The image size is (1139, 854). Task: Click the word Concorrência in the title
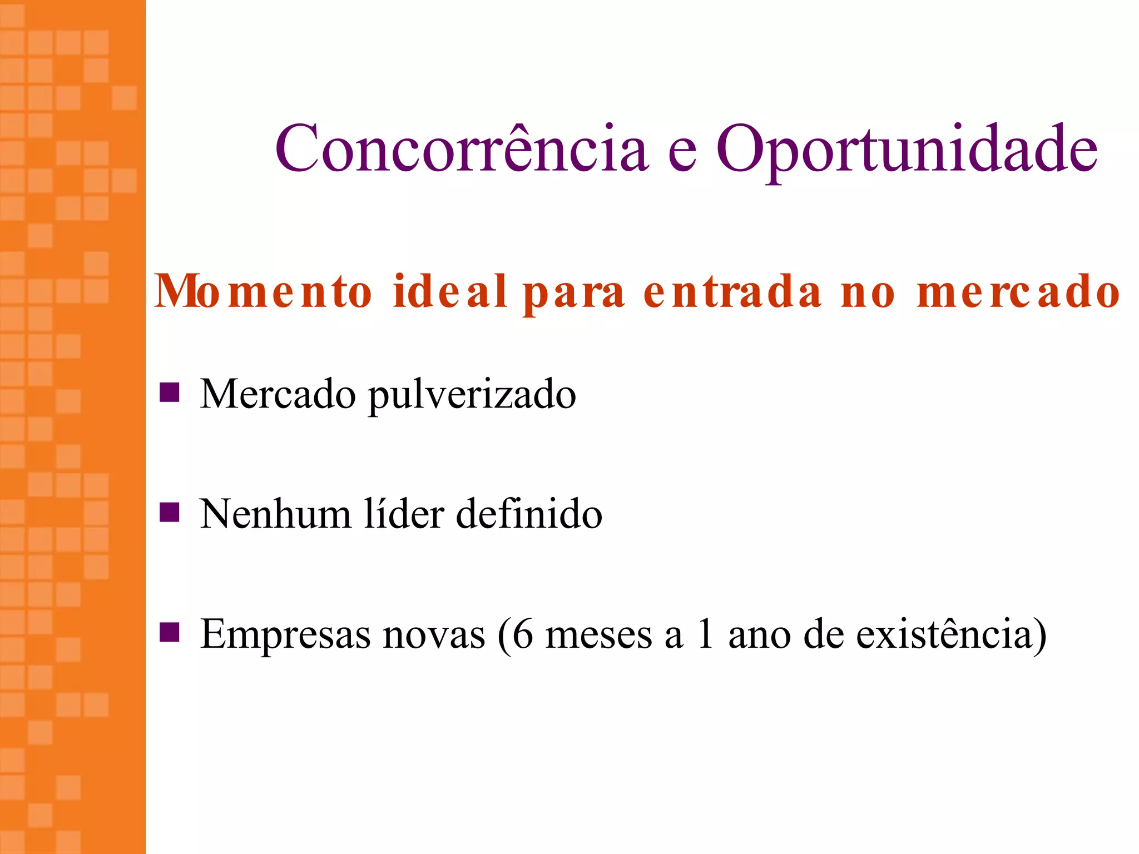462,148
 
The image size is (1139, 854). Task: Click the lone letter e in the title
682,152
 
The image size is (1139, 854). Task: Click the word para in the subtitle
574,295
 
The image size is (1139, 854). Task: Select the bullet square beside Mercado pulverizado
169,393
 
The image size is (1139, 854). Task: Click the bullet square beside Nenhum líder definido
169,513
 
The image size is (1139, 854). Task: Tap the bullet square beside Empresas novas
169,632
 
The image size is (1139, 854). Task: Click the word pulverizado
472,396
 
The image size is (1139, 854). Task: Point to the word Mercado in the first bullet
278,394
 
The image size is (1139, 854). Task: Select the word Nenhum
275,514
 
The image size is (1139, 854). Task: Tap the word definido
529,514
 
